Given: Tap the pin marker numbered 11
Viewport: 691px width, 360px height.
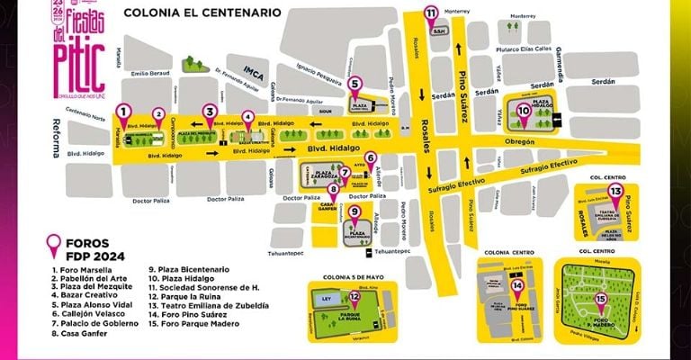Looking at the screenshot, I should (x=431, y=13).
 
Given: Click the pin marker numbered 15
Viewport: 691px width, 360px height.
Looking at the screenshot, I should (x=599, y=301).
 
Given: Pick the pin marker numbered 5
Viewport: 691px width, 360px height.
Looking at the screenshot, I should (x=354, y=85).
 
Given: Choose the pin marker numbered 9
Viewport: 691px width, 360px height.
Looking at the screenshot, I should (x=354, y=213).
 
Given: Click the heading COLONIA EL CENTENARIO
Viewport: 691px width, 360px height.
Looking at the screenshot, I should (x=202, y=13).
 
